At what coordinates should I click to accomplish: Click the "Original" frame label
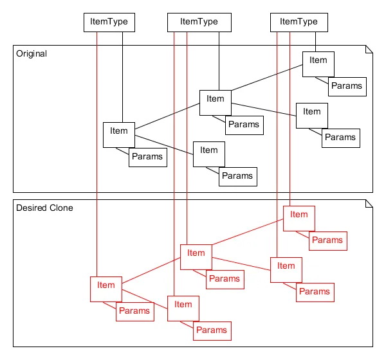(32, 53)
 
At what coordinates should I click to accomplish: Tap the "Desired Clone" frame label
(44, 208)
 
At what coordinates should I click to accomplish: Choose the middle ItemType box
(199, 22)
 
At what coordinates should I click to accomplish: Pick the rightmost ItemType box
(299, 22)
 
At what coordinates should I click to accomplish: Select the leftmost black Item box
(119, 134)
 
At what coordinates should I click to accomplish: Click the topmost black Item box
(318, 64)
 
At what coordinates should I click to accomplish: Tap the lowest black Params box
(238, 175)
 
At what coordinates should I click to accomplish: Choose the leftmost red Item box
(106, 288)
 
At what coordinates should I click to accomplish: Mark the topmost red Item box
(299, 218)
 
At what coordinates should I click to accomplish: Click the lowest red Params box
(212, 330)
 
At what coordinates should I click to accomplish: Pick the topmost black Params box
(347, 86)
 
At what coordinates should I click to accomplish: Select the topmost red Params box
(327, 240)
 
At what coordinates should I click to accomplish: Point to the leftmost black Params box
(147, 157)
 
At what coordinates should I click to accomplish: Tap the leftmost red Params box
(134, 311)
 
